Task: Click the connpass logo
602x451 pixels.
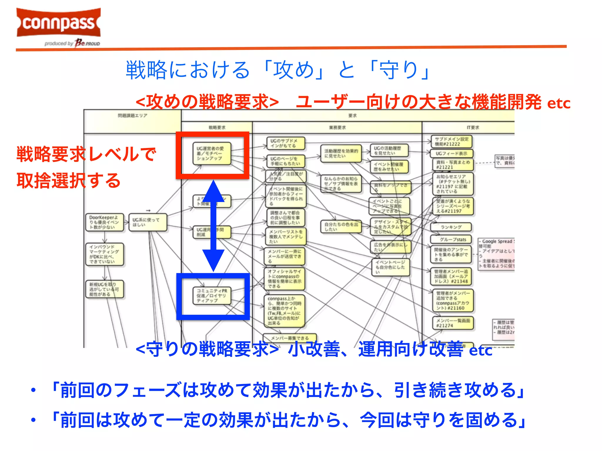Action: pyautogui.click(x=59, y=23)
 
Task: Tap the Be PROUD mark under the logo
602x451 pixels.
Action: pyautogui.click(x=87, y=43)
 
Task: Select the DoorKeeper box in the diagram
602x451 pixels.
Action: pyautogui.click(x=104, y=222)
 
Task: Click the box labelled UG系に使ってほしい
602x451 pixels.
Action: pyautogui.click(x=148, y=222)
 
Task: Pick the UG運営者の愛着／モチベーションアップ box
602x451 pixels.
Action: pyautogui.click(x=212, y=153)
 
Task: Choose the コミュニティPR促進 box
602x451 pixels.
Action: pyautogui.click(x=212, y=295)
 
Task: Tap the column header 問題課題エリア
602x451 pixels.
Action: pyautogui.click(x=133, y=116)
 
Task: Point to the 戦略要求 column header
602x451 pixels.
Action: pyautogui.click(x=217, y=127)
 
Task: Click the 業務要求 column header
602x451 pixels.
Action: pyautogui.click(x=337, y=127)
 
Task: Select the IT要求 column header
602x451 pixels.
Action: pyautogui.click(x=473, y=127)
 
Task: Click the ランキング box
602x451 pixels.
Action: pyautogui.click(x=451, y=227)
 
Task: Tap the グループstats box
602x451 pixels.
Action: pyautogui.click(x=451, y=239)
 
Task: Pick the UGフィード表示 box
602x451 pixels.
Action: pyautogui.click(x=451, y=153)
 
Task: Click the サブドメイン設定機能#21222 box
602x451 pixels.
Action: pyautogui.click(x=451, y=142)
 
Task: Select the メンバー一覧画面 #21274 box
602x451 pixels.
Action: pyautogui.click(x=453, y=323)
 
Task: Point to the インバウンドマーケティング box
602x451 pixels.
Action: pyautogui.click(x=104, y=254)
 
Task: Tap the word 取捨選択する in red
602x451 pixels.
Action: pyautogui.click(x=68, y=180)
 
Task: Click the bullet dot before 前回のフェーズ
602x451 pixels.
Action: pyautogui.click(x=34, y=390)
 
